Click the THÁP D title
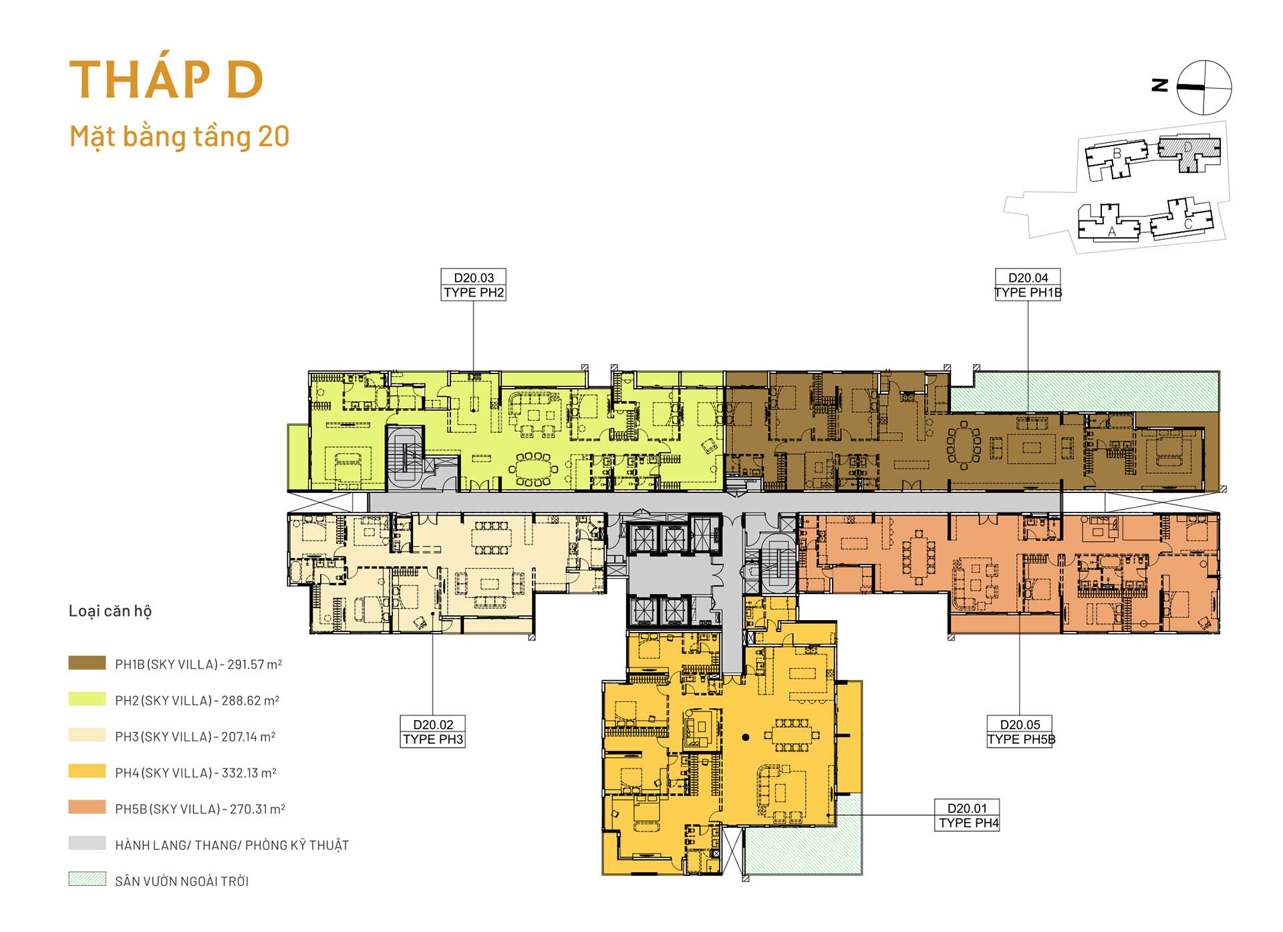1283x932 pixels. point(166,80)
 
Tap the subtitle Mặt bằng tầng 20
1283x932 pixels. point(179,137)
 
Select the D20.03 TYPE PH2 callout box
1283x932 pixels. point(473,285)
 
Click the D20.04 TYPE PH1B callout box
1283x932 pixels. point(1028,285)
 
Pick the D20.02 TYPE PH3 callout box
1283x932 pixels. point(432,732)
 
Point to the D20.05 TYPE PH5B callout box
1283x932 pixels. point(1020,732)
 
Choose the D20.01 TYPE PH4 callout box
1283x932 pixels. point(968,815)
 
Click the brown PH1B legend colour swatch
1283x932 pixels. point(87,663)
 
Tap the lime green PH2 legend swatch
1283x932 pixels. point(87,699)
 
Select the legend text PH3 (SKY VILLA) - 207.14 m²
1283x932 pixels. point(195,736)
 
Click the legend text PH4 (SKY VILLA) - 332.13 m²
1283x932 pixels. point(195,772)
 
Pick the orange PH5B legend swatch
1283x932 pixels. point(87,807)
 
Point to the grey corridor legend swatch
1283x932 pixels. point(87,843)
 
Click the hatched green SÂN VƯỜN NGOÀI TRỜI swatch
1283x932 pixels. point(87,879)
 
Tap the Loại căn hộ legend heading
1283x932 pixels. point(110,611)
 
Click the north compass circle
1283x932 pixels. point(1204,88)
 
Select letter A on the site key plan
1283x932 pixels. point(1112,232)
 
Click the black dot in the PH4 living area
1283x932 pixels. point(746,738)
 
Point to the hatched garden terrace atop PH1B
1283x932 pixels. point(1085,392)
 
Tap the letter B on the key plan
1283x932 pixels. point(1117,154)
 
